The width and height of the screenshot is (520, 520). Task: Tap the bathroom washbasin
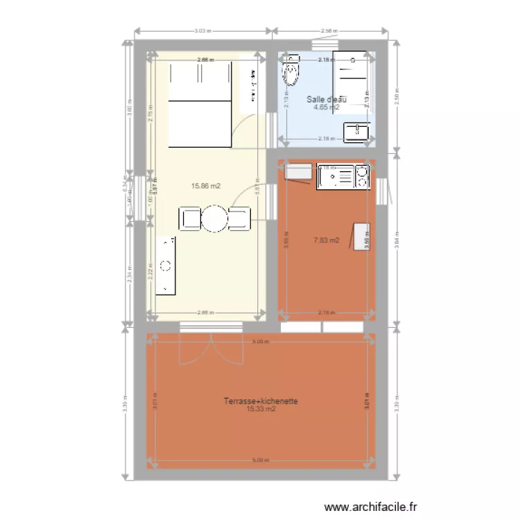tap(358, 130)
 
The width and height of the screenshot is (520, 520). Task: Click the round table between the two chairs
tap(215, 218)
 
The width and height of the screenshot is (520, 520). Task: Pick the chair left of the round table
tap(190, 218)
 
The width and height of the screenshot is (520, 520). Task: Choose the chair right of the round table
tap(240, 218)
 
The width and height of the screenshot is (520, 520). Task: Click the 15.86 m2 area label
tap(207, 186)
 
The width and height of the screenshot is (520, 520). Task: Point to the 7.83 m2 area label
tap(327, 241)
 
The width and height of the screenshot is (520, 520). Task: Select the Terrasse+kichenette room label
tap(261, 401)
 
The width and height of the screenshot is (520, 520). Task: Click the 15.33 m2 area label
tap(261, 409)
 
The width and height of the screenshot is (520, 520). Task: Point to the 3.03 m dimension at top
tap(202, 31)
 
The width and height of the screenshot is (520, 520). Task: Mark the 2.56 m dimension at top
tap(329, 31)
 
